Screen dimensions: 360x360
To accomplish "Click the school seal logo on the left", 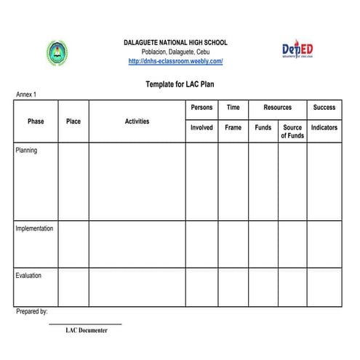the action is point(57,52).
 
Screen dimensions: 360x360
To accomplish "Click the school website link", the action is point(175,62).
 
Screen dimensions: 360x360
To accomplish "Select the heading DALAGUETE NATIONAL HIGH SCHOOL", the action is point(175,43).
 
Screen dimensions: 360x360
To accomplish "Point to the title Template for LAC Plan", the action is point(179,84).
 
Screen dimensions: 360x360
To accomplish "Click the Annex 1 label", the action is point(26,95).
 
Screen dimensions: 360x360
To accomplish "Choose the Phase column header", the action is point(36,121).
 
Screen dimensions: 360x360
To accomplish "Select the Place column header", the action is point(73,121).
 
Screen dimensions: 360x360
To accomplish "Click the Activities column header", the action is point(137,121).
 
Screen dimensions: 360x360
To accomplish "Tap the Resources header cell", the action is point(277,108).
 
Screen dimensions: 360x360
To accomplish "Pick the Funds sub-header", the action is point(263,127).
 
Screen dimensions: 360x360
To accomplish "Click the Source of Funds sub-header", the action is point(292,132).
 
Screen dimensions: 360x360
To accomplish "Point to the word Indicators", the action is point(324,127).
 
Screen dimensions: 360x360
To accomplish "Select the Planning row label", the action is point(26,151).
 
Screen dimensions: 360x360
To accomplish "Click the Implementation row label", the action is point(34,228).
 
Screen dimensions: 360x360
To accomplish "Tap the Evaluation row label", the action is point(28,276).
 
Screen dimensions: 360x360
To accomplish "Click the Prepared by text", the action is point(31,311).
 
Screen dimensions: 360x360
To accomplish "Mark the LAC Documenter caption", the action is point(86,330).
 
